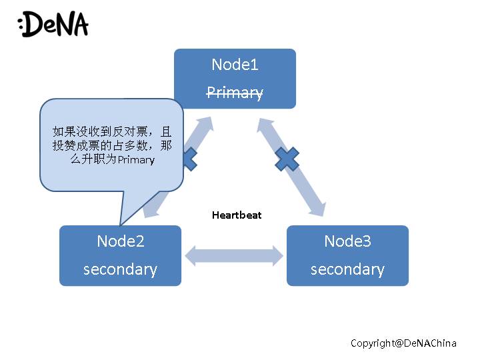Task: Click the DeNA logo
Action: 53,23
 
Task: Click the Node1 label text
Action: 235,65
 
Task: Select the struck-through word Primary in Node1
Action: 235,93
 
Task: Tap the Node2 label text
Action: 120,241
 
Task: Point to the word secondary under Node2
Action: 120,269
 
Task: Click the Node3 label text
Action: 347,241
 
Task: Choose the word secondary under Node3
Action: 347,269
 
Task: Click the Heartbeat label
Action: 237,215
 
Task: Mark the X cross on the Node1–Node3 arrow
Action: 287,159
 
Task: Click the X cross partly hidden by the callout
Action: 190,159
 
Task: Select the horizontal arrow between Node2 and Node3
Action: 234,256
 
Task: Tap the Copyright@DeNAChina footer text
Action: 403,343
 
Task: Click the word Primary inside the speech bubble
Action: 136,160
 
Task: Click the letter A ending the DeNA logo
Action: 79,23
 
